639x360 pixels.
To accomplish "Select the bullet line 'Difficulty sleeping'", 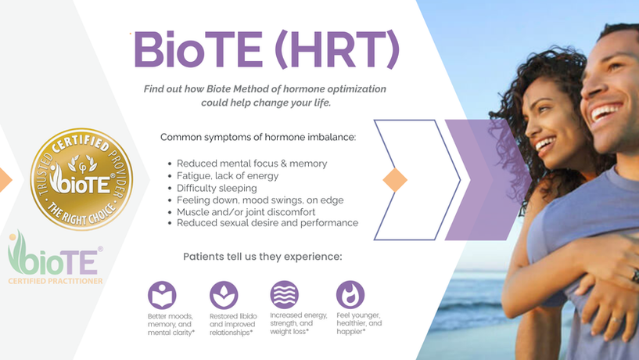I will tap(216, 188).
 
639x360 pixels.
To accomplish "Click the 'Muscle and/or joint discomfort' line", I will tap(246, 211).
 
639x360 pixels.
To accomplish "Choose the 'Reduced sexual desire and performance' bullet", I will tap(267, 223).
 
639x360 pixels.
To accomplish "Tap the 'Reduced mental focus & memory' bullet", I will tap(251, 164).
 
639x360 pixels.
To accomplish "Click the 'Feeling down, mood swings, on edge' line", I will tap(260, 200).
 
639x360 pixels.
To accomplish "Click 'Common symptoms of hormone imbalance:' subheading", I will tap(258, 137).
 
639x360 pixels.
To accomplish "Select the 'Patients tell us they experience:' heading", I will tap(262, 257).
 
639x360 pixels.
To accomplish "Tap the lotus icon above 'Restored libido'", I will tap(224, 295).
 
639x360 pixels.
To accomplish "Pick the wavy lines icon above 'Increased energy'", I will tap(285, 295).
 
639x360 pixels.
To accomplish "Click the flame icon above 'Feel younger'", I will tap(350, 295).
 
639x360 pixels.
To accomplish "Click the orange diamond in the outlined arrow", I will tap(395, 180).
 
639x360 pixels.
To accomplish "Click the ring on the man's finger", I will tap(634, 275).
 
